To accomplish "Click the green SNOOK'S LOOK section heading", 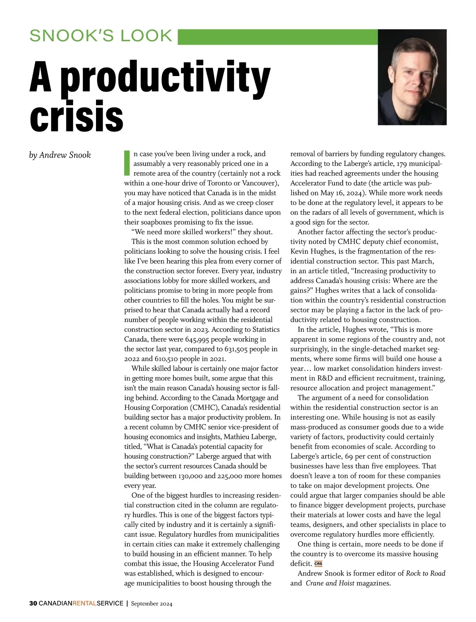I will click(x=101, y=36).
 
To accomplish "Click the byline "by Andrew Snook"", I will click(x=60, y=155).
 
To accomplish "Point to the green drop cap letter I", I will click(x=127, y=163).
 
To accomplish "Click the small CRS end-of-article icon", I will click(x=318, y=564).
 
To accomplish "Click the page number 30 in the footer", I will click(x=33, y=604).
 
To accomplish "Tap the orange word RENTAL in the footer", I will click(x=84, y=604).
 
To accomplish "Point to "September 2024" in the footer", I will click(x=152, y=604).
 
